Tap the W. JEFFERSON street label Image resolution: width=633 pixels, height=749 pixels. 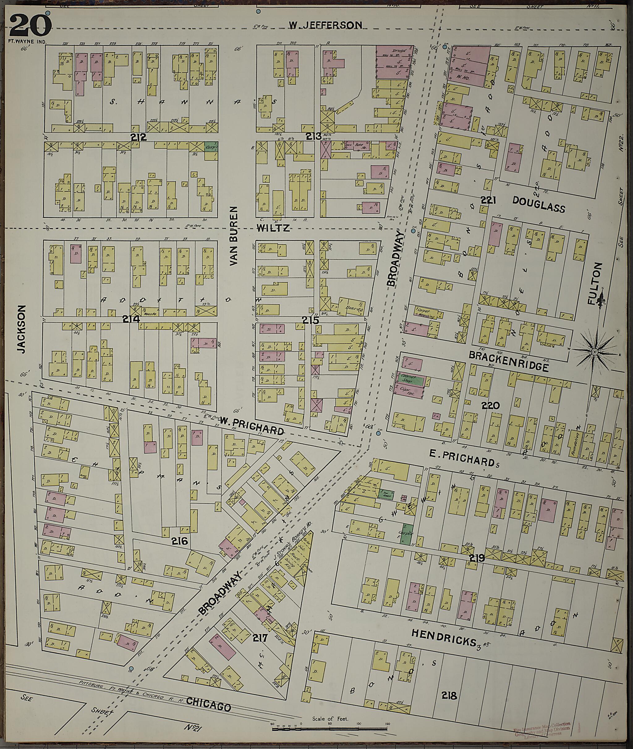(x=326, y=25)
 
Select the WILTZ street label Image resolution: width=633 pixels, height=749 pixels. (x=274, y=228)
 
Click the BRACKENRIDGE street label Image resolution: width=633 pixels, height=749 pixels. (x=509, y=361)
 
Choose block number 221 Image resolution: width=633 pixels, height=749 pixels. (x=488, y=201)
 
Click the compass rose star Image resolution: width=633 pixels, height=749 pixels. (x=594, y=352)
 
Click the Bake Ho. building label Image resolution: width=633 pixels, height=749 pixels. (x=359, y=145)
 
